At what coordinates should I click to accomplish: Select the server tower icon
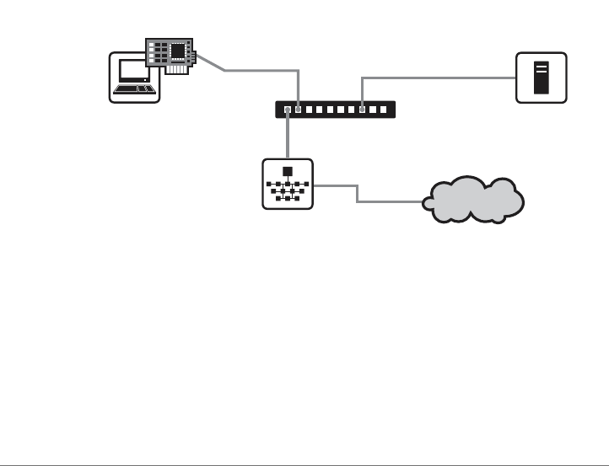pos(542,78)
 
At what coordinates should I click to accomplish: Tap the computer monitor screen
pos(132,71)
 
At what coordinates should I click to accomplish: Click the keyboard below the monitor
pos(134,88)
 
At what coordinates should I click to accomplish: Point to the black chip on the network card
pos(177,51)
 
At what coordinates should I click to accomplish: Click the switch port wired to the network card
pos(299,110)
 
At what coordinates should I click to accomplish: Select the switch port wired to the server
pos(363,110)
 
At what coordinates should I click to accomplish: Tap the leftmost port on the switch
pos(288,110)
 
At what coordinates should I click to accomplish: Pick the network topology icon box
pos(288,184)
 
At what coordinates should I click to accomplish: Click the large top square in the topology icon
pos(288,171)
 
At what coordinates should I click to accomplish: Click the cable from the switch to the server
pos(439,78)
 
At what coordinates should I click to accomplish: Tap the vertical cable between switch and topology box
pos(288,135)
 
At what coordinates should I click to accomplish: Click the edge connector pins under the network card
pos(175,69)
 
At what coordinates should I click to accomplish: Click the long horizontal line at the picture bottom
pos(304,462)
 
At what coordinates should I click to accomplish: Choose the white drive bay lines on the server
pos(542,68)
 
